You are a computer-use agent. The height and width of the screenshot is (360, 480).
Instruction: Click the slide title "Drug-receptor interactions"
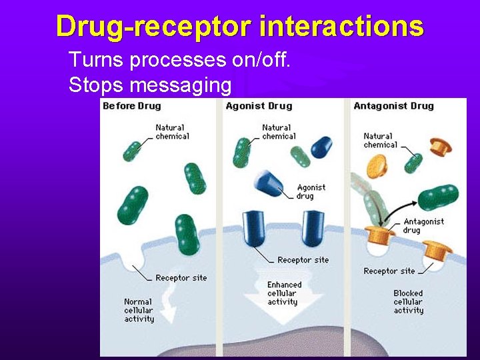click(239, 27)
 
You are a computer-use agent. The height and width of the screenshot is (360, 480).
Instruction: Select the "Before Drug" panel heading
click(132, 106)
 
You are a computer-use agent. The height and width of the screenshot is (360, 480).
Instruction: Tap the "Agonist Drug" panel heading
click(259, 106)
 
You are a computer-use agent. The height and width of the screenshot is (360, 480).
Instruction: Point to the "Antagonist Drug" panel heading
click(393, 106)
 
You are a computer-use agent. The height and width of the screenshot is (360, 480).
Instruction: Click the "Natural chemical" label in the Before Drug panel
click(172, 132)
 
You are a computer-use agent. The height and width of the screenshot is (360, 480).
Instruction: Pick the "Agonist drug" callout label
click(311, 191)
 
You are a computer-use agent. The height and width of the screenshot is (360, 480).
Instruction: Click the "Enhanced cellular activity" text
click(284, 293)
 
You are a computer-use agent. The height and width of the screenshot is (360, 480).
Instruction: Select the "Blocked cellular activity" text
click(408, 301)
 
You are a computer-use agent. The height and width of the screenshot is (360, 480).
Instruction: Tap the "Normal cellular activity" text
click(139, 310)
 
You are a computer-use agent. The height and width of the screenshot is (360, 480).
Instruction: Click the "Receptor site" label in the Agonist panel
click(303, 260)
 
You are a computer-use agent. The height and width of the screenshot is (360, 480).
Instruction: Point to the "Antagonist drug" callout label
click(423, 225)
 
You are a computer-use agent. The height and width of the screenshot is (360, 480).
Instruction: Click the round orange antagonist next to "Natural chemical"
click(376, 165)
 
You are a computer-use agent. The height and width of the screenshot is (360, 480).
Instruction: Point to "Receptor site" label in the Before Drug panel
click(181, 278)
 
